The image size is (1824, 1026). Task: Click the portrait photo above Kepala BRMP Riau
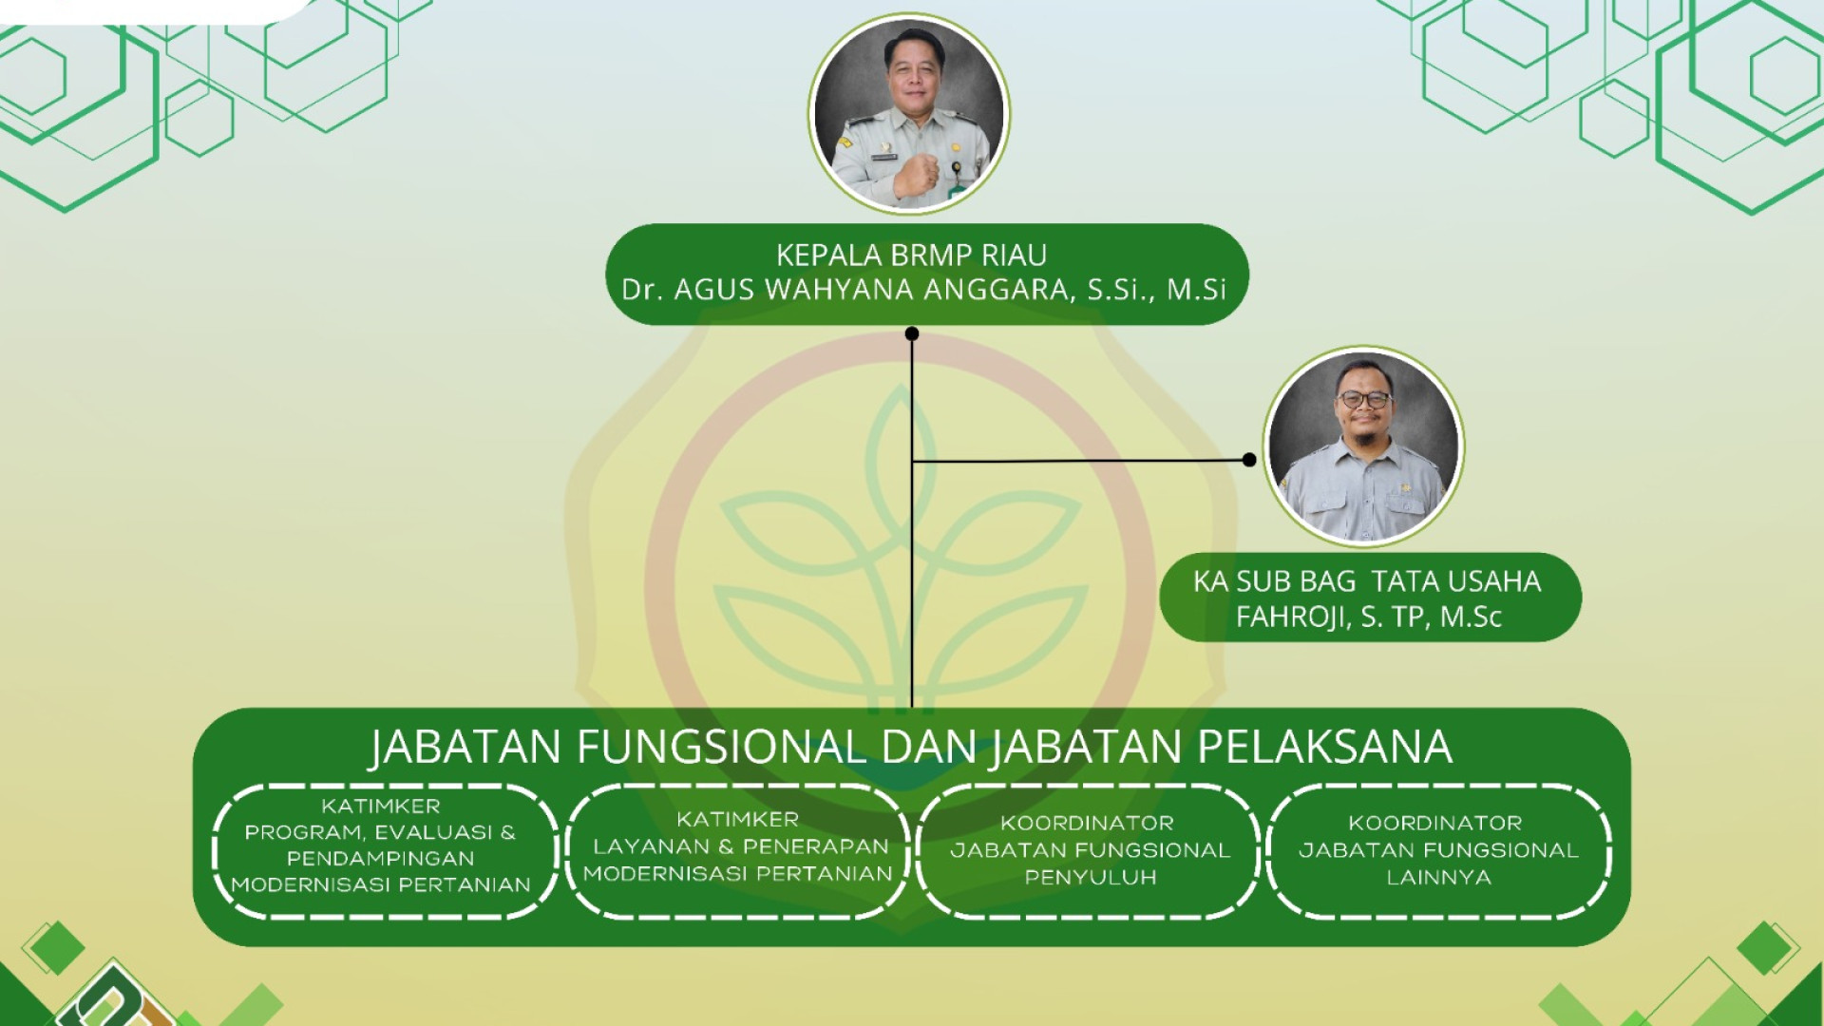pyautogui.click(x=909, y=113)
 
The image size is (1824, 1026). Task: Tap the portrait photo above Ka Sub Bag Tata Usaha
pyautogui.click(x=1363, y=446)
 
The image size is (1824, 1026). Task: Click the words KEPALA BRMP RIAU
pyautogui.click(x=911, y=255)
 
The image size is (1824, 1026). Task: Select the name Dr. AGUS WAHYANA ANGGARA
pyautogui.click(x=847, y=290)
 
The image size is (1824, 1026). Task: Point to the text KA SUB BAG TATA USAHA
pyautogui.click(x=1367, y=581)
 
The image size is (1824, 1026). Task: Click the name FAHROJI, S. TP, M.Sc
pyautogui.click(x=1368, y=617)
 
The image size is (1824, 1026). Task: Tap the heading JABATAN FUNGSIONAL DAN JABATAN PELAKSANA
pyautogui.click(x=911, y=747)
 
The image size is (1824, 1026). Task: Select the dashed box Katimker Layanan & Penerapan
pyautogui.click(x=737, y=851)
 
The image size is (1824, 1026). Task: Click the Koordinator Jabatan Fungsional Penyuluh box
pyautogui.click(x=1089, y=851)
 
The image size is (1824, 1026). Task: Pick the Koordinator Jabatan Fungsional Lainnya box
pyautogui.click(x=1438, y=851)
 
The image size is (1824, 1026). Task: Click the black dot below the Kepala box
pyautogui.click(x=912, y=333)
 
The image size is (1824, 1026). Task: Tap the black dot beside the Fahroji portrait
pyautogui.click(x=1249, y=460)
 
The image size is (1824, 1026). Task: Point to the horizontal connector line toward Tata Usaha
pyautogui.click(x=1080, y=461)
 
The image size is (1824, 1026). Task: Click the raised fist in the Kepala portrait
pyautogui.click(x=916, y=174)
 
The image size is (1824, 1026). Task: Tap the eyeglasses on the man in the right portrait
pyautogui.click(x=1363, y=400)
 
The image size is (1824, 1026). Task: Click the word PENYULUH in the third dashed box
pyautogui.click(x=1091, y=878)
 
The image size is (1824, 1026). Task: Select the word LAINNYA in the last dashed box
pyautogui.click(x=1438, y=878)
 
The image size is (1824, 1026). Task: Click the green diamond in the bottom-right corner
pyautogui.click(x=1764, y=948)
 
